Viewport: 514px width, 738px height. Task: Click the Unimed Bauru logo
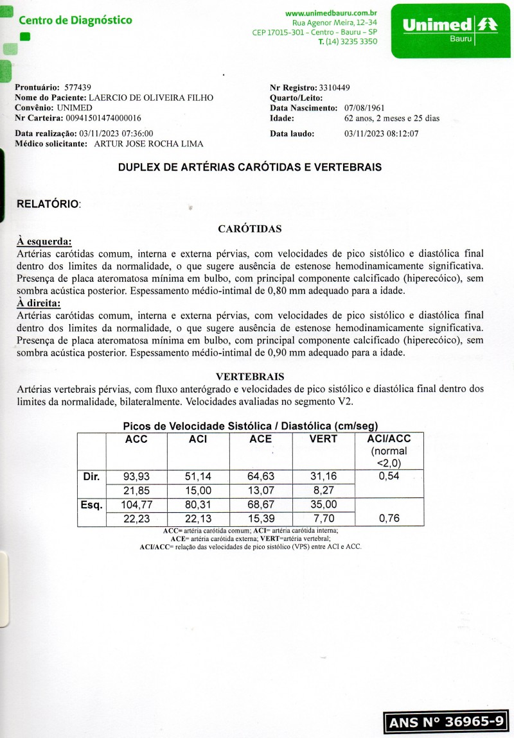[450, 30]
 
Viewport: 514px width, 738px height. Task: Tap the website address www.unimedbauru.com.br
[331, 13]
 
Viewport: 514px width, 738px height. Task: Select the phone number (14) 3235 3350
[352, 42]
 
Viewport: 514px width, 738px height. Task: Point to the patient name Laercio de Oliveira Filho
[150, 98]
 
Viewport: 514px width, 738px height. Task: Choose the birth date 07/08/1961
[364, 108]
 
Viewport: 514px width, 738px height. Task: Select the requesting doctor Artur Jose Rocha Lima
[148, 144]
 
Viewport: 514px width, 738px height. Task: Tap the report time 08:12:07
[403, 133]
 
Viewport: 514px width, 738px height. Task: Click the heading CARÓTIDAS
[249, 229]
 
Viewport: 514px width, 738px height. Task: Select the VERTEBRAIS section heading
[250, 377]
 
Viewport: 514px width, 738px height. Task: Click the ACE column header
[260, 439]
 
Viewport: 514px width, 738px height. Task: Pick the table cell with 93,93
[136, 477]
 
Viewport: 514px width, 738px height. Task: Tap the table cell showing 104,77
[136, 505]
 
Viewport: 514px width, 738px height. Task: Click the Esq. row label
[91, 505]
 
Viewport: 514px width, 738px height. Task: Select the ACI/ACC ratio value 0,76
[388, 519]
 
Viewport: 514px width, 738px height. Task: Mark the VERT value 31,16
[323, 477]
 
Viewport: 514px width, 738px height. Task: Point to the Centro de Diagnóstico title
[75, 20]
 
